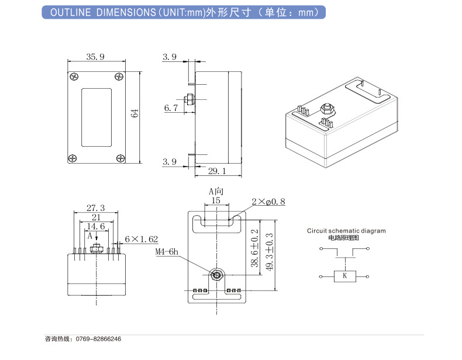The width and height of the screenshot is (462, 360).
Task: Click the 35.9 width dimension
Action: click(x=95, y=57)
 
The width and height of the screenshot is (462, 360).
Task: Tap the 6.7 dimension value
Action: click(x=170, y=108)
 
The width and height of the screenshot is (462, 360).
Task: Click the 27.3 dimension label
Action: click(x=95, y=207)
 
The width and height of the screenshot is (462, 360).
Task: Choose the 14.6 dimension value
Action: click(x=95, y=226)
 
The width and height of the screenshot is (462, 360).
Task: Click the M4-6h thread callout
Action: click(x=167, y=252)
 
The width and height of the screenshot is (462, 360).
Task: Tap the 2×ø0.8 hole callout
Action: click(x=268, y=201)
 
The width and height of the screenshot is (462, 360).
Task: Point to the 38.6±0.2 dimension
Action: click(x=254, y=248)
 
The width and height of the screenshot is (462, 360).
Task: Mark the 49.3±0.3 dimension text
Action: click(x=270, y=252)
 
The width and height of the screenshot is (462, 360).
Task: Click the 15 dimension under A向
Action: click(x=216, y=200)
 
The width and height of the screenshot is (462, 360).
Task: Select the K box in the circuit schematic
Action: click(x=344, y=276)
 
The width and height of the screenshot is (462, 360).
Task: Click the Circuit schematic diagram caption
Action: click(x=346, y=231)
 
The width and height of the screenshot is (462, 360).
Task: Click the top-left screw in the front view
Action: click(x=75, y=76)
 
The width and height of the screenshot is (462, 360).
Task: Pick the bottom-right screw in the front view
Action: click(x=119, y=158)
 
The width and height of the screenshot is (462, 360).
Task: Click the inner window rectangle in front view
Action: click(x=96, y=117)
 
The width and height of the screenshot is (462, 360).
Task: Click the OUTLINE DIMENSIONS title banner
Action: click(x=184, y=12)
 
